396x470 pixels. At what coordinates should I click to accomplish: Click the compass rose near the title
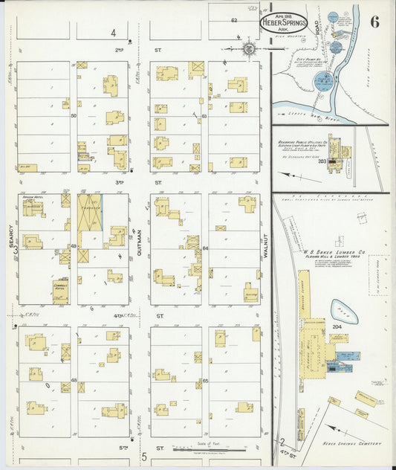pos(248,50)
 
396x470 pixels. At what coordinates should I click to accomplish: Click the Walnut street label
pos(264,245)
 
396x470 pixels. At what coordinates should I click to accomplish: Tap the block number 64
pos(205,248)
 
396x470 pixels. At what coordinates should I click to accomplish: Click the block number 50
pos(74,116)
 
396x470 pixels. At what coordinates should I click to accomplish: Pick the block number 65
pos(205,380)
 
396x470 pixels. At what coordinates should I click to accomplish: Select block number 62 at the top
pos(233,20)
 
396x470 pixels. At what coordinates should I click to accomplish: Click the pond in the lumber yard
pos(344,311)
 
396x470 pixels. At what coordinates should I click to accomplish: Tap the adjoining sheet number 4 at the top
pos(114,33)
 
